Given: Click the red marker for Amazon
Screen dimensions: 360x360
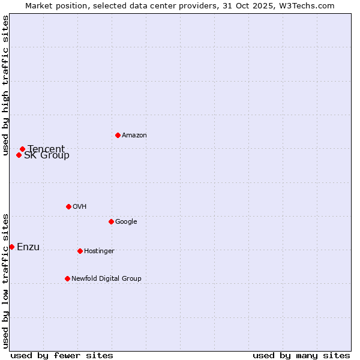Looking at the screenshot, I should tap(118, 135).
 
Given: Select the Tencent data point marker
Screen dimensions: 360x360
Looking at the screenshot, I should tap(22, 149).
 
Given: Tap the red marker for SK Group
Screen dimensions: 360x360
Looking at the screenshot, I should tap(19, 155).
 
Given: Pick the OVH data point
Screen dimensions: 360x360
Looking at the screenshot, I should tap(68, 206).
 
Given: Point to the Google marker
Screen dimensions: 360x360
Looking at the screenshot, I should tap(111, 221).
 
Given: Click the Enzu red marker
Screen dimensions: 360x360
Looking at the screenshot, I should tap(11, 247).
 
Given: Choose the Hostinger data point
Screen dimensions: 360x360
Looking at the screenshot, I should tap(80, 251).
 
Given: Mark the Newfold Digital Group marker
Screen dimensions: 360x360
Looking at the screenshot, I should tap(67, 278).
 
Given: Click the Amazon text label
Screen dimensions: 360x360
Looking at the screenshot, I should tap(134, 136).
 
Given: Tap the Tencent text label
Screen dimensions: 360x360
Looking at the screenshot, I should tap(46, 149).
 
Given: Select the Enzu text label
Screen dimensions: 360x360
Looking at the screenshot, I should tap(28, 247).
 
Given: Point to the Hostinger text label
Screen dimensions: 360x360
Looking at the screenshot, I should tap(99, 251).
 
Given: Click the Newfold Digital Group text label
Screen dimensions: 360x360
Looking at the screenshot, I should tap(106, 279).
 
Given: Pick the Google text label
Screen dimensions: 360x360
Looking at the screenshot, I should tap(126, 222).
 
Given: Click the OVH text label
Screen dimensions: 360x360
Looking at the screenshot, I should tap(80, 207).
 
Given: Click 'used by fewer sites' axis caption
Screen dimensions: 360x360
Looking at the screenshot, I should tap(62, 355).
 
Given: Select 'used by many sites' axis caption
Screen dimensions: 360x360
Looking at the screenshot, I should tap(301, 355).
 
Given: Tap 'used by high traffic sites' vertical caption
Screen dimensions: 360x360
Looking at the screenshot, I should tap(5, 85).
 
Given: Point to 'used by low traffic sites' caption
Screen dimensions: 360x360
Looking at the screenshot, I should tap(5, 281).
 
